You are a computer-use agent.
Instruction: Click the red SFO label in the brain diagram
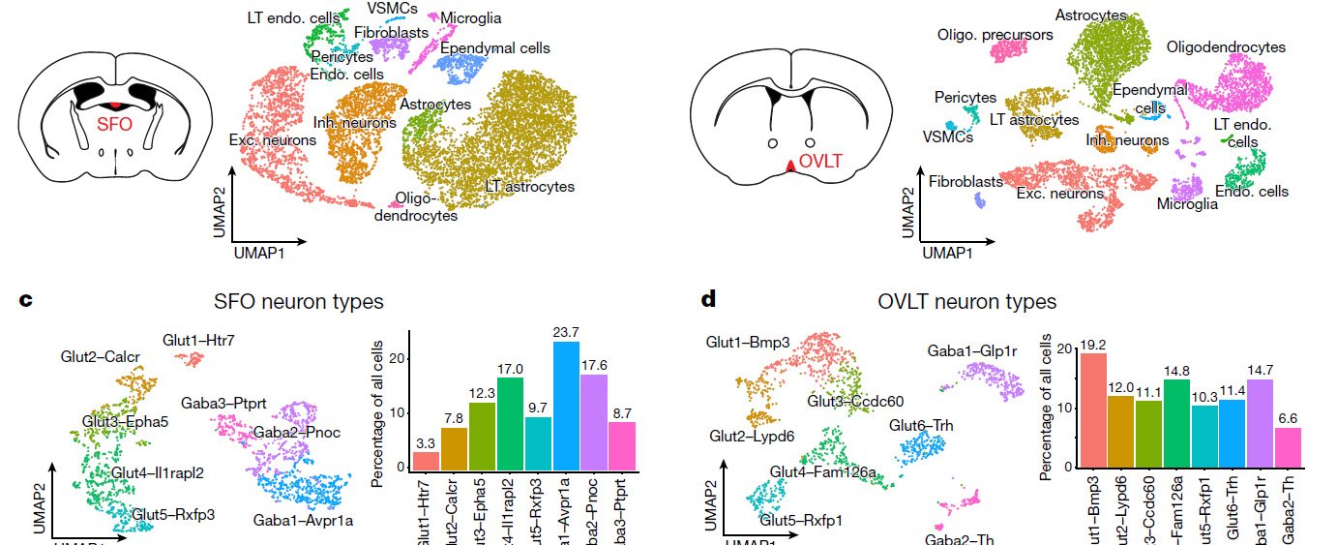115,124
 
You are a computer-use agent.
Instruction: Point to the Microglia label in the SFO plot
470,17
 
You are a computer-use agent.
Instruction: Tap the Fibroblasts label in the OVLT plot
966,181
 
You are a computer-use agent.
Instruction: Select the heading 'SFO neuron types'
301,301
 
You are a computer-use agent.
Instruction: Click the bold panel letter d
708,298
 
